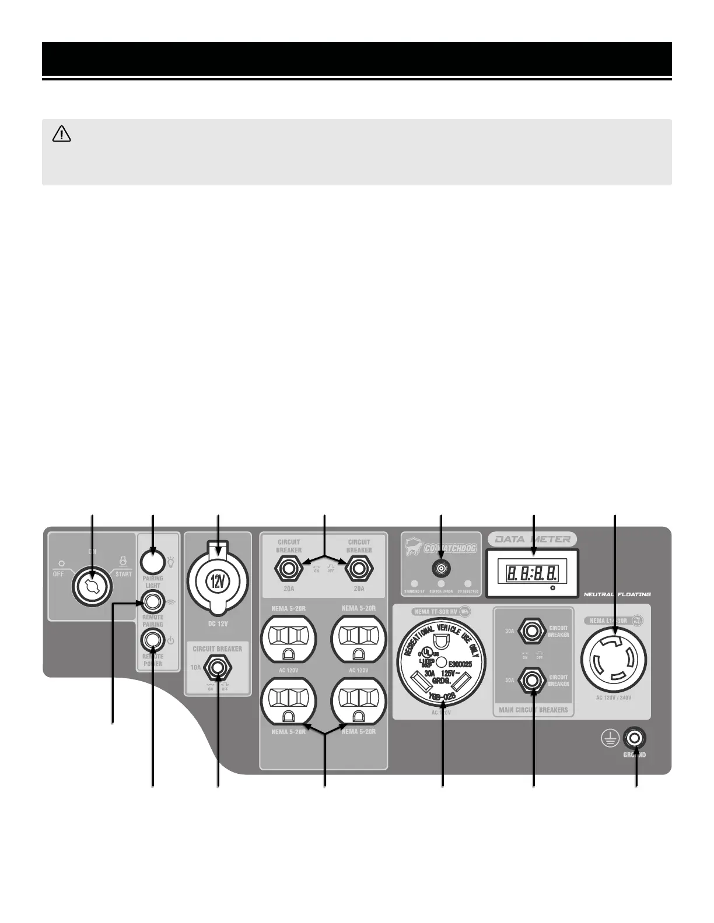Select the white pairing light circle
pos(152,562)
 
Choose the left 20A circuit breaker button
pos(289,568)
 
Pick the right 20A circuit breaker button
pos(359,568)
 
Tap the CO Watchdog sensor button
pos(441,568)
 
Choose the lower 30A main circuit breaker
pos(532,679)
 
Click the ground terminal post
pos(635,739)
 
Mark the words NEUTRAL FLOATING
pos(617,594)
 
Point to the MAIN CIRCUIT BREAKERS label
pos(533,710)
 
